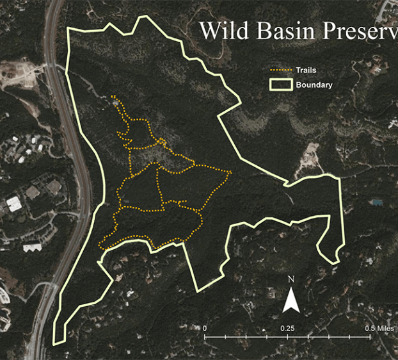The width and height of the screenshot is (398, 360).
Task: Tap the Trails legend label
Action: click(x=306, y=70)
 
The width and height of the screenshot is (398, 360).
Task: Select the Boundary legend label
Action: click(x=314, y=85)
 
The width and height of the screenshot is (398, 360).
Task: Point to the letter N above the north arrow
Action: click(x=291, y=279)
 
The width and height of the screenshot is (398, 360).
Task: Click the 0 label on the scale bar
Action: click(x=205, y=328)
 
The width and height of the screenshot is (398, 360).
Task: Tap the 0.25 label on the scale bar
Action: click(x=287, y=328)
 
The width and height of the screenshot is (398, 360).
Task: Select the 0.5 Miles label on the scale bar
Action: click(x=377, y=328)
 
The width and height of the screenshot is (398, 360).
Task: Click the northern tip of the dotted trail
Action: click(x=113, y=97)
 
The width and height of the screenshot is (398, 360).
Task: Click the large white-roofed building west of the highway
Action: click(x=14, y=204)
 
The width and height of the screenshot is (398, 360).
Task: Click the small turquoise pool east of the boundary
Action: click(x=378, y=202)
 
